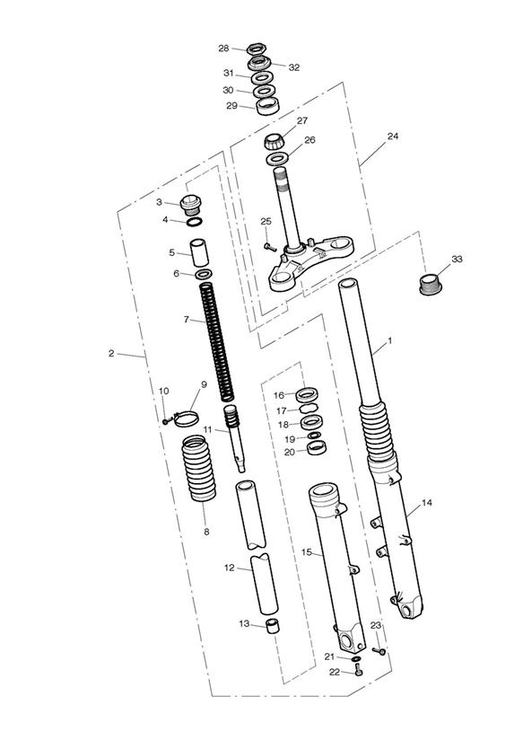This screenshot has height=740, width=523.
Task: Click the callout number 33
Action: click(x=457, y=260)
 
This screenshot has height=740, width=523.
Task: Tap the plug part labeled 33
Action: click(x=431, y=284)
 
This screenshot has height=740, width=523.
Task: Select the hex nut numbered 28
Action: click(x=257, y=48)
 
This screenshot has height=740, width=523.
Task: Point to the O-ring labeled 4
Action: click(x=196, y=222)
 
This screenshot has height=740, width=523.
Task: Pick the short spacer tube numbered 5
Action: click(x=199, y=253)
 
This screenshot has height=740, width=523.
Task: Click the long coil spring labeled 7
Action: click(x=217, y=342)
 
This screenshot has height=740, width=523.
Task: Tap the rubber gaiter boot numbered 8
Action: click(x=199, y=469)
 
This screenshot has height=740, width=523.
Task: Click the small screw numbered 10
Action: click(x=166, y=421)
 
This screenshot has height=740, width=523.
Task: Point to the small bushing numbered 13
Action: click(x=272, y=626)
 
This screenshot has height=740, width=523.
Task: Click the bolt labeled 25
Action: click(x=270, y=246)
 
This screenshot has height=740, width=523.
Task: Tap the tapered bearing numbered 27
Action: click(x=275, y=141)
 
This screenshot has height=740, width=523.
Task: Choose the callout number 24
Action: click(x=393, y=137)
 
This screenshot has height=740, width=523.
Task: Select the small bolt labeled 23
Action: click(x=379, y=651)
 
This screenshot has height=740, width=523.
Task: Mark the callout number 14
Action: click(x=426, y=503)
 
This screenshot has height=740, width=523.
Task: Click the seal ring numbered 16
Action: click(x=307, y=393)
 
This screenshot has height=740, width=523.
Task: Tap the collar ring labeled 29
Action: click(x=268, y=106)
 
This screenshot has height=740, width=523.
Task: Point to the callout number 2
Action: click(x=111, y=353)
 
